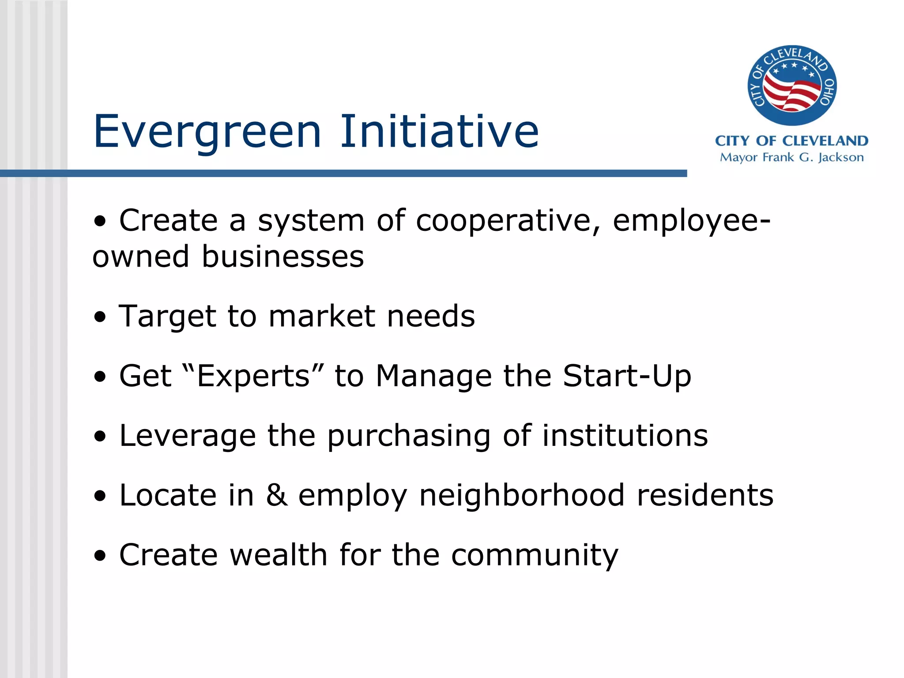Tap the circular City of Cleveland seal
pos(792,86)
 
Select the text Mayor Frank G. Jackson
pos(792,157)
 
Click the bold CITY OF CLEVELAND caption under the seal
pos(792,141)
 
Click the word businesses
pos(282,256)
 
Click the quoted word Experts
pos(253,376)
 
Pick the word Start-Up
pos(627,376)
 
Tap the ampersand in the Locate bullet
pos(276,495)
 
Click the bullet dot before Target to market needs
pos(100,317)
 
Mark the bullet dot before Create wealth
pos(100,555)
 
